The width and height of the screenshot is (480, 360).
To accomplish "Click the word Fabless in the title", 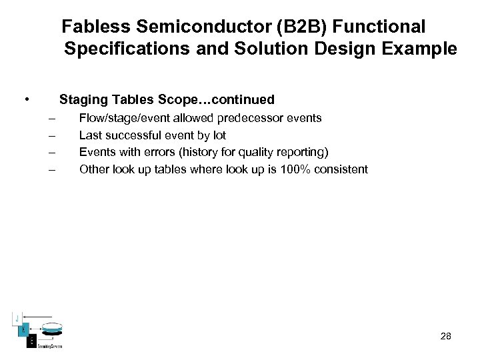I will (x=91, y=27).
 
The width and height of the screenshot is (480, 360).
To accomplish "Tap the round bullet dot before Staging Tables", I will (x=25, y=100).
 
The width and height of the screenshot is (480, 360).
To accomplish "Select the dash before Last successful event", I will (x=51, y=136).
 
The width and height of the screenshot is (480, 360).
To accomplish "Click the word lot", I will (x=219, y=135).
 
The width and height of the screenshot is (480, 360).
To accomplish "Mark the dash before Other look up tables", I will (x=51, y=169).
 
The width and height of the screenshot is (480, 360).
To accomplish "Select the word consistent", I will (x=344, y=169).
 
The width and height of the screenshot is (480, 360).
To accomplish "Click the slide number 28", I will (x=446, y=336).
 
